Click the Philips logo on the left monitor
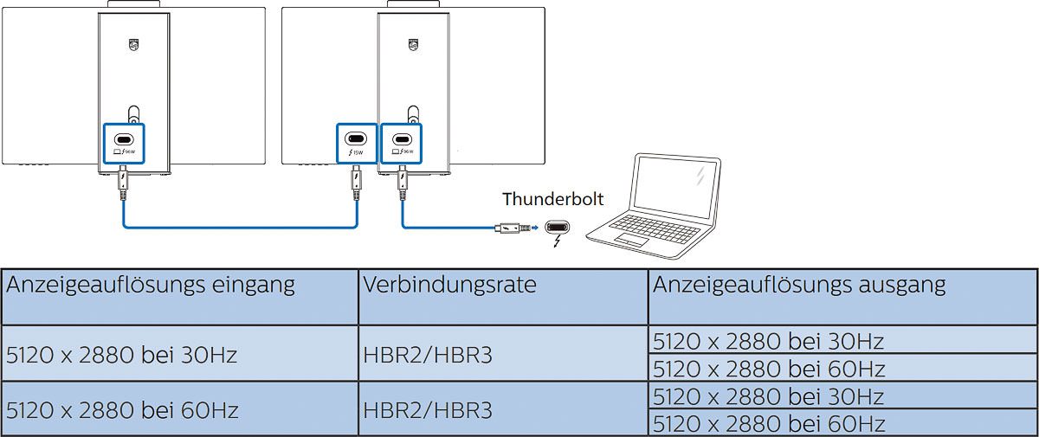132,42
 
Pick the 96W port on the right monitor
401,140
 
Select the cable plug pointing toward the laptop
512,228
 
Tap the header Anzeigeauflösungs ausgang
798,284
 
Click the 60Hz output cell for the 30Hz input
769,369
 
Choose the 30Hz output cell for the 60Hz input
769,396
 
